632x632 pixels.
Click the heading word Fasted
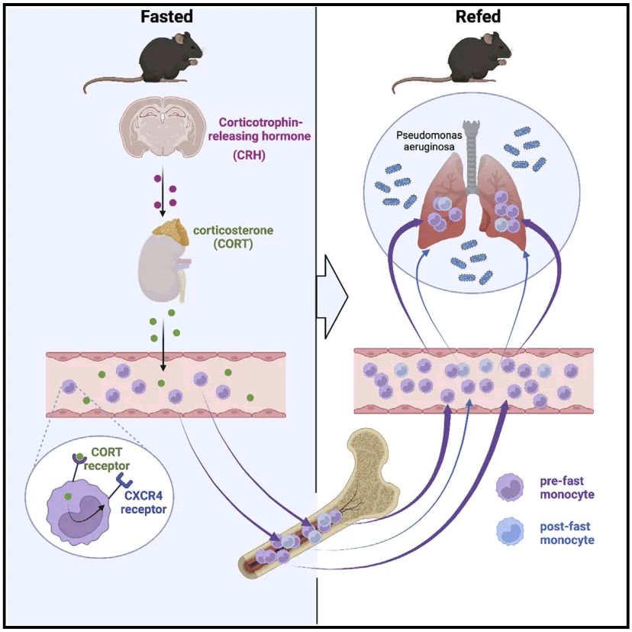[x=166, y=17]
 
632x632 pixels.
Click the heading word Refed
[x=478, y=17]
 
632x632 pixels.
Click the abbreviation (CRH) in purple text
[x=249, y=155]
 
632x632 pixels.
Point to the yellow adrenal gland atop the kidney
[x=171, y=232]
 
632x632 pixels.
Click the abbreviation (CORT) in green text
[x=233, y=244]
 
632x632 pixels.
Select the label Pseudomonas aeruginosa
[x=429, y=141]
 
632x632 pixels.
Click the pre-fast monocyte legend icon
[x=510, y=487]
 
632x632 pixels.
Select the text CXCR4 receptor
[x=143, y=502]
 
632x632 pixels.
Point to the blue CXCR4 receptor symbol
[x=124, y=480]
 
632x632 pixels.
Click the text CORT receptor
[x=106, y=459]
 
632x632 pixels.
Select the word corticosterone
[x=233, y=231]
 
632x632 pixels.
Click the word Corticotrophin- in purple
[x=260, y=122]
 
